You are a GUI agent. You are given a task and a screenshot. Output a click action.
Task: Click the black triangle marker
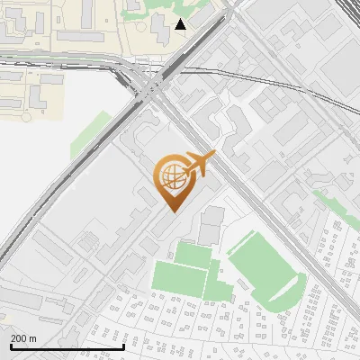coord(181,24)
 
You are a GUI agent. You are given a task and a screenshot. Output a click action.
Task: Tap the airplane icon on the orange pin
coord(198,166)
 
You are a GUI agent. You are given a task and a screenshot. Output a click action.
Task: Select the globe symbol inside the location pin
coord(170,176)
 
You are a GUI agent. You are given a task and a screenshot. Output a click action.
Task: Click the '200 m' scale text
coord(23,338)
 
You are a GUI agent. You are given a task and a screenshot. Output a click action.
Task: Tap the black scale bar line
coord(67,346)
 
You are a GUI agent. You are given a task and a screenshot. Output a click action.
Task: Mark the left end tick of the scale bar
coord(11,345)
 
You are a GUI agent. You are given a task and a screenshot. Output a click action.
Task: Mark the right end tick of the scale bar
coord(123,345)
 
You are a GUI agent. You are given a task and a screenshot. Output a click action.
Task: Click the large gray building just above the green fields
coord(212,225)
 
